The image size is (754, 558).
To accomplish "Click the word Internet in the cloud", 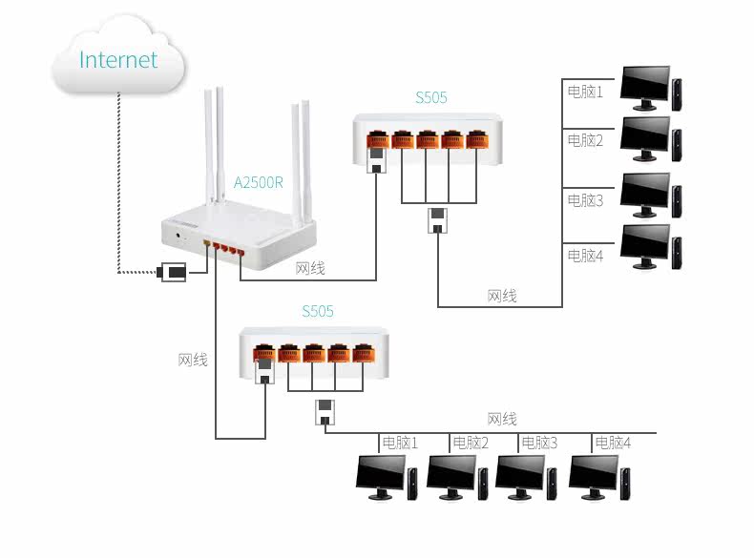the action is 118,59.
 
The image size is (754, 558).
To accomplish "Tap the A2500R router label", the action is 259,182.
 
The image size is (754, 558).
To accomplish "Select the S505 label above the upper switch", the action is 430,97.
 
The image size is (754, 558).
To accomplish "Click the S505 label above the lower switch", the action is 318,311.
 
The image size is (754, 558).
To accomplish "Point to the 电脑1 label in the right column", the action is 585,92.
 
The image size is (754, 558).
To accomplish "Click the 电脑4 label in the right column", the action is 585,256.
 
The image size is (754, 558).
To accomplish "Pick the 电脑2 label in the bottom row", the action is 471,443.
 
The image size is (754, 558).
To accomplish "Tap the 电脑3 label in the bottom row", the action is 539,443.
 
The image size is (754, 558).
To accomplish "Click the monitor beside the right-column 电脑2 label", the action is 645,139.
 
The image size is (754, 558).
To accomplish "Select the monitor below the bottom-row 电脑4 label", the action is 594,477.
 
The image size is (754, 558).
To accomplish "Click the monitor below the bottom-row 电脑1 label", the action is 381,477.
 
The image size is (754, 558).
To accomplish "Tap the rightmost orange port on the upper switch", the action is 477,139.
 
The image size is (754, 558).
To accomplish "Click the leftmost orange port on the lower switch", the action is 264,353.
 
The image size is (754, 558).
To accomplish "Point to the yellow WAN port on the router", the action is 207,242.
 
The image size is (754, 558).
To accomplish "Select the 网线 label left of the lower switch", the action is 193,360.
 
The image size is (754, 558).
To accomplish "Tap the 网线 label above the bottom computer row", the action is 502,419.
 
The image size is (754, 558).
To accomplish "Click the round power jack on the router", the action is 178,236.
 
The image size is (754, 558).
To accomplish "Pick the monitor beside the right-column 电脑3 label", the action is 645,196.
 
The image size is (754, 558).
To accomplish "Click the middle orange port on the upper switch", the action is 428,139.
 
